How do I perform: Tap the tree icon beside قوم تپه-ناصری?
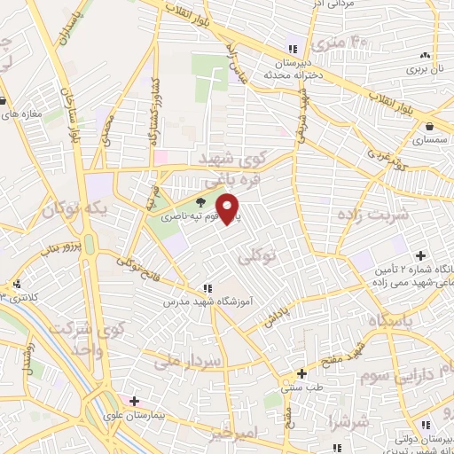click(x=201, y=202)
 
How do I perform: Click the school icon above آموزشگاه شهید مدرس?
click(x=207, y=288)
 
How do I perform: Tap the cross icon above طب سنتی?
click(x=302, y=373)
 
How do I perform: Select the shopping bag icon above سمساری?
click(x=428, y=127)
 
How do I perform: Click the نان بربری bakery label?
click(x=424, y=67)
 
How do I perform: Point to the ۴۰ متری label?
click(x=346, y=42)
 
